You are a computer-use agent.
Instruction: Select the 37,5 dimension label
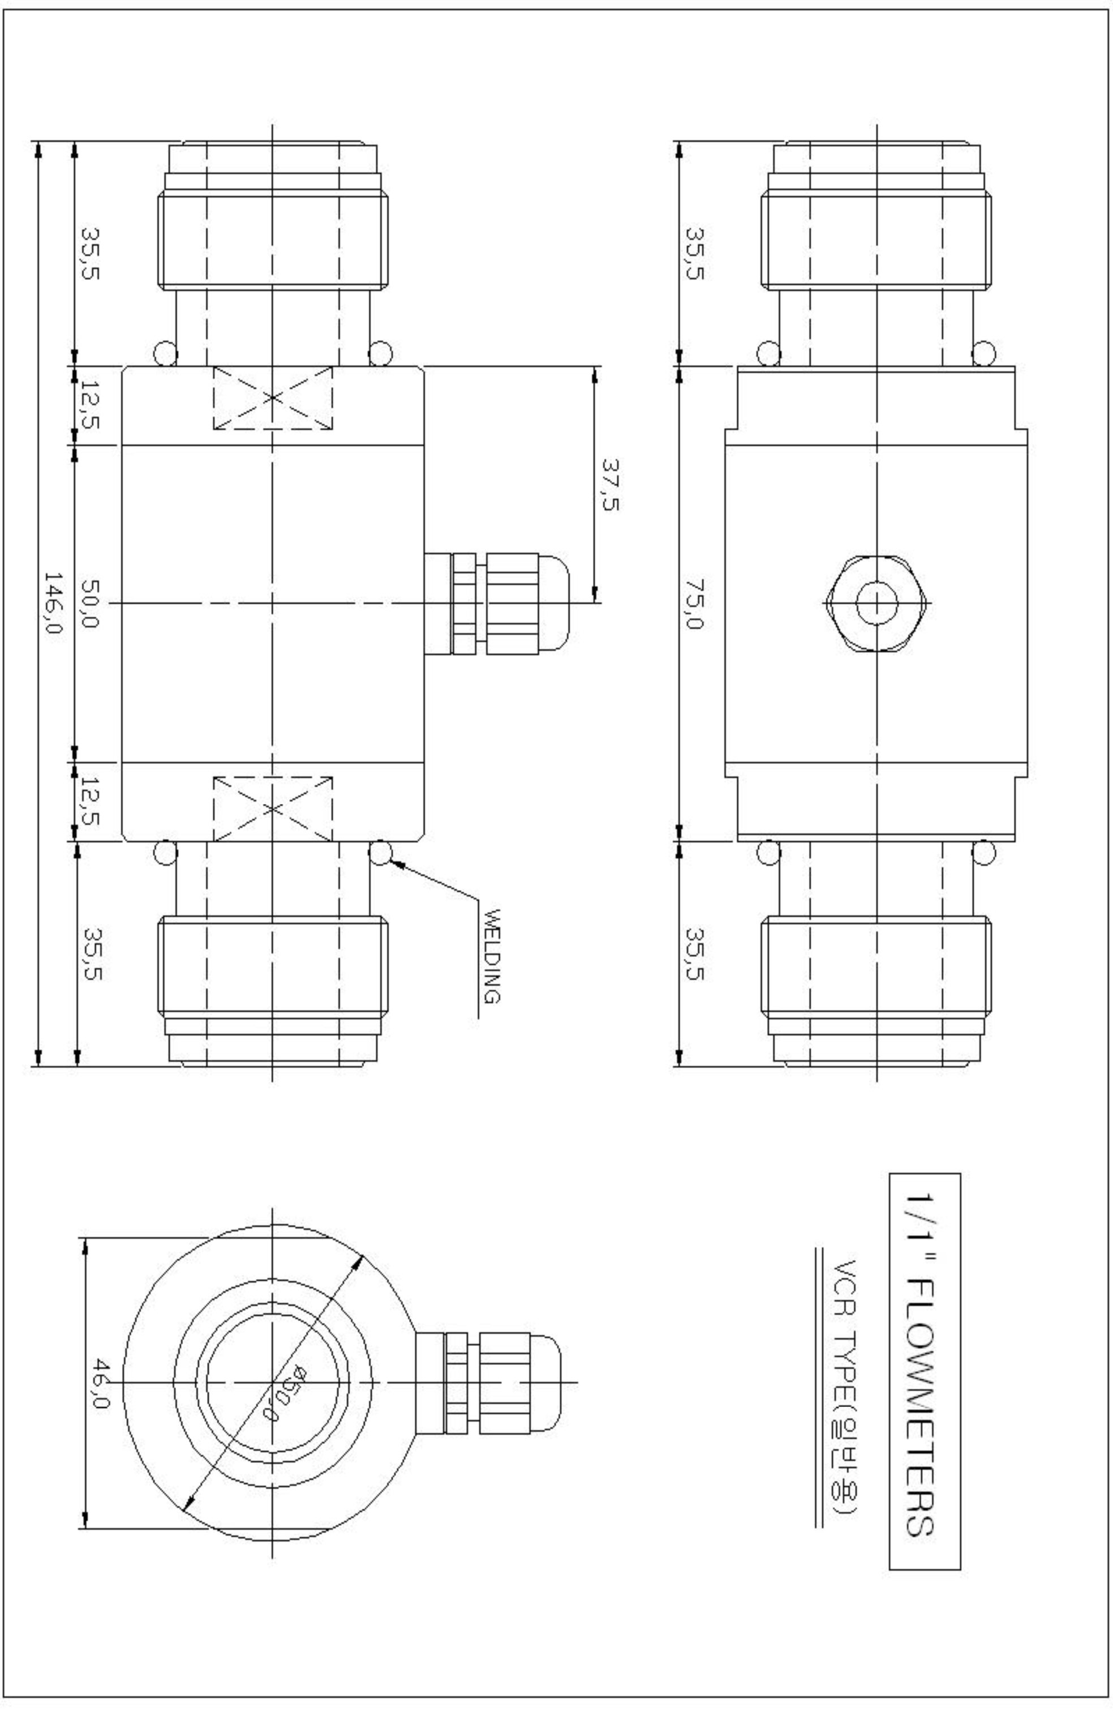(x=610, y=485)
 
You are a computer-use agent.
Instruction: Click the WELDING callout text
(x=492, y=956)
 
